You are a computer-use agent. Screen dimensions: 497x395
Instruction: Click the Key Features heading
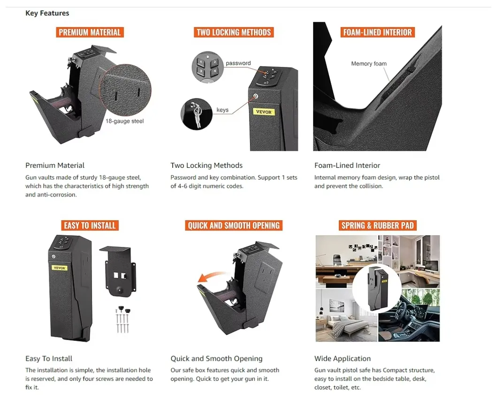[47, 13]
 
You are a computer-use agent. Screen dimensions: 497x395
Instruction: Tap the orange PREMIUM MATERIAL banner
[90, 32]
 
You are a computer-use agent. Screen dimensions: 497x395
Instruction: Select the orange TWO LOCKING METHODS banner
[234, 32]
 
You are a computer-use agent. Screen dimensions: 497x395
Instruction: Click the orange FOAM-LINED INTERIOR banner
[377, 32]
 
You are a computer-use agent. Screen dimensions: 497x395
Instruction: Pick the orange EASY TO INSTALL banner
[90, 225]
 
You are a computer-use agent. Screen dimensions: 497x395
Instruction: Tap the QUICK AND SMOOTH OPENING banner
[234, 225]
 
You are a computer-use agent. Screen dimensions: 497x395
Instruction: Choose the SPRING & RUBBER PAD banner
[377, 225]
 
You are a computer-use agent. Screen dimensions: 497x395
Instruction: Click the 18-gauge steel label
[124, 121]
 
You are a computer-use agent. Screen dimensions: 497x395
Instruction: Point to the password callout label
[238, 63]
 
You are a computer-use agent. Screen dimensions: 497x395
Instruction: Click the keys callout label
[222, 110]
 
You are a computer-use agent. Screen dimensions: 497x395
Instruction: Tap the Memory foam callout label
[369, 63]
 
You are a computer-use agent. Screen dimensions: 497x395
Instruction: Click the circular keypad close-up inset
[207, 67]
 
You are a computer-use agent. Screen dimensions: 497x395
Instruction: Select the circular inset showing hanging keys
[196, 114]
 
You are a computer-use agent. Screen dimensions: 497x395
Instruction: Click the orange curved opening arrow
[211, 276]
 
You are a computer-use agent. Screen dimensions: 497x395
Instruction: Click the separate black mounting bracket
[119, 271]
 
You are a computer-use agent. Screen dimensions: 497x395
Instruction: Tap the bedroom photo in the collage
[346, 316]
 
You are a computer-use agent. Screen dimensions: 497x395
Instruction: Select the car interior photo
[409, 316]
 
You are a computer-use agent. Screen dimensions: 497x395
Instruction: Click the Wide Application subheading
[342, 358]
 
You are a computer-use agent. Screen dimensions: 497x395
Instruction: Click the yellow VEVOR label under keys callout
[264, 112]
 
